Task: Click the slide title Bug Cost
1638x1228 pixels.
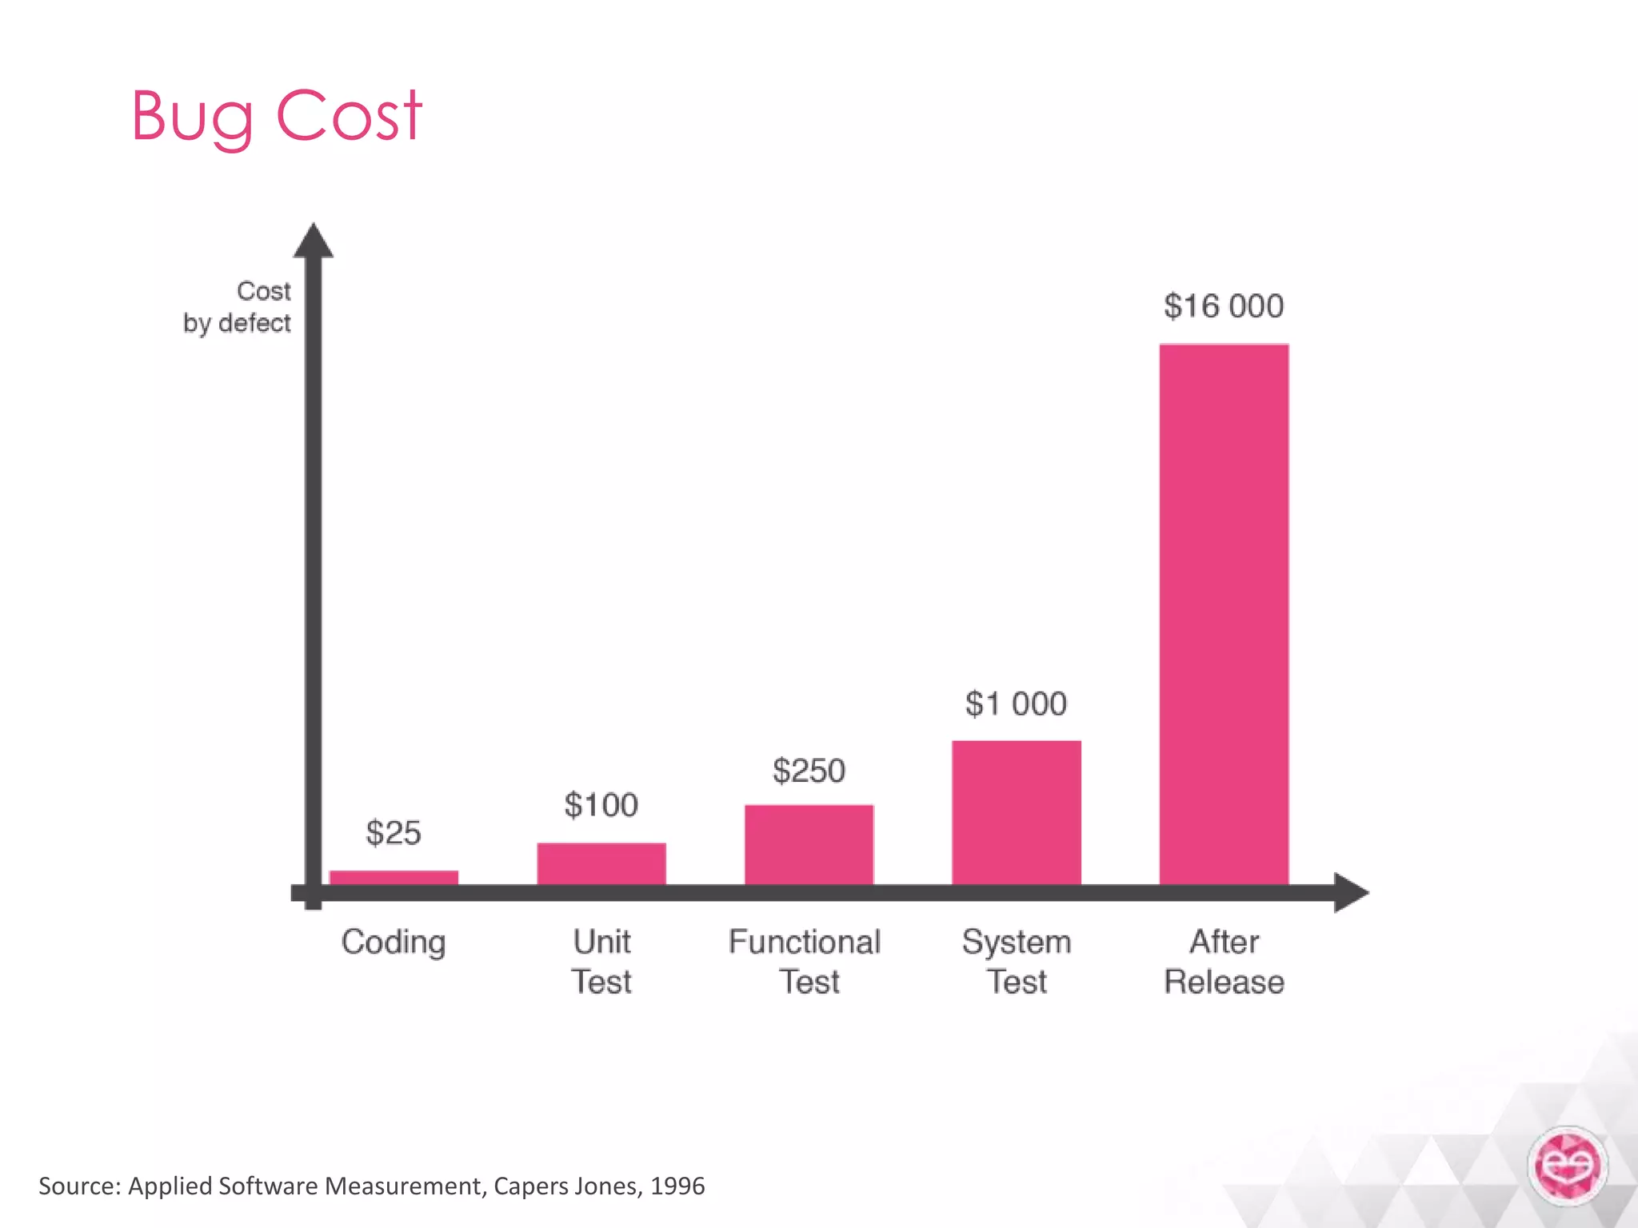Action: coord(276,116)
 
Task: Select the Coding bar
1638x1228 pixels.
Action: coord(394,877)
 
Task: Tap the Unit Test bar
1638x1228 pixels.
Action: coord(601,863)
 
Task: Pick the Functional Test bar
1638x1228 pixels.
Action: coord(809,844)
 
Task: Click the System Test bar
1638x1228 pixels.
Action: coord(1017,812)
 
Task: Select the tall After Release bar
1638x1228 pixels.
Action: coord(1224,614)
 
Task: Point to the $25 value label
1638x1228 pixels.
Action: coord(394,833)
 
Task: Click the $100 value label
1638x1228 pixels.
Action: coord(601,805)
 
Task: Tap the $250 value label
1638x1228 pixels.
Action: coord(809,771)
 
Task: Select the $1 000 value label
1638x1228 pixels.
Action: coord(1016,704)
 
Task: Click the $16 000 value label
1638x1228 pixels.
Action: coord(1224,306)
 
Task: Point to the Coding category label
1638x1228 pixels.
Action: coord(394,943)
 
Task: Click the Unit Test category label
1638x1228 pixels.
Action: coord(601,962)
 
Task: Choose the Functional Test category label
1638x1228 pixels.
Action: coord(805,962)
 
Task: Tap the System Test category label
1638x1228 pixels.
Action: coord(1017,962)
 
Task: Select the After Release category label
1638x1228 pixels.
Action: coord(1224,962)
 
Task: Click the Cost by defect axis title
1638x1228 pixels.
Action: coord(238,307)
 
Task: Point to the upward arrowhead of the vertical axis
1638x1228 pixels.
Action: coord(314,241)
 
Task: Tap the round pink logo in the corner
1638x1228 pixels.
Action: coord(1568,1166)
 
